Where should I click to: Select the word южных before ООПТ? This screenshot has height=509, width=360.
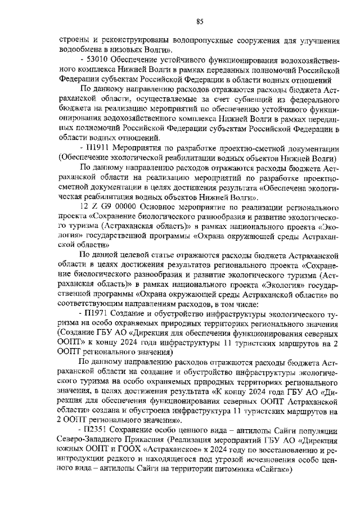(72, 450)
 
